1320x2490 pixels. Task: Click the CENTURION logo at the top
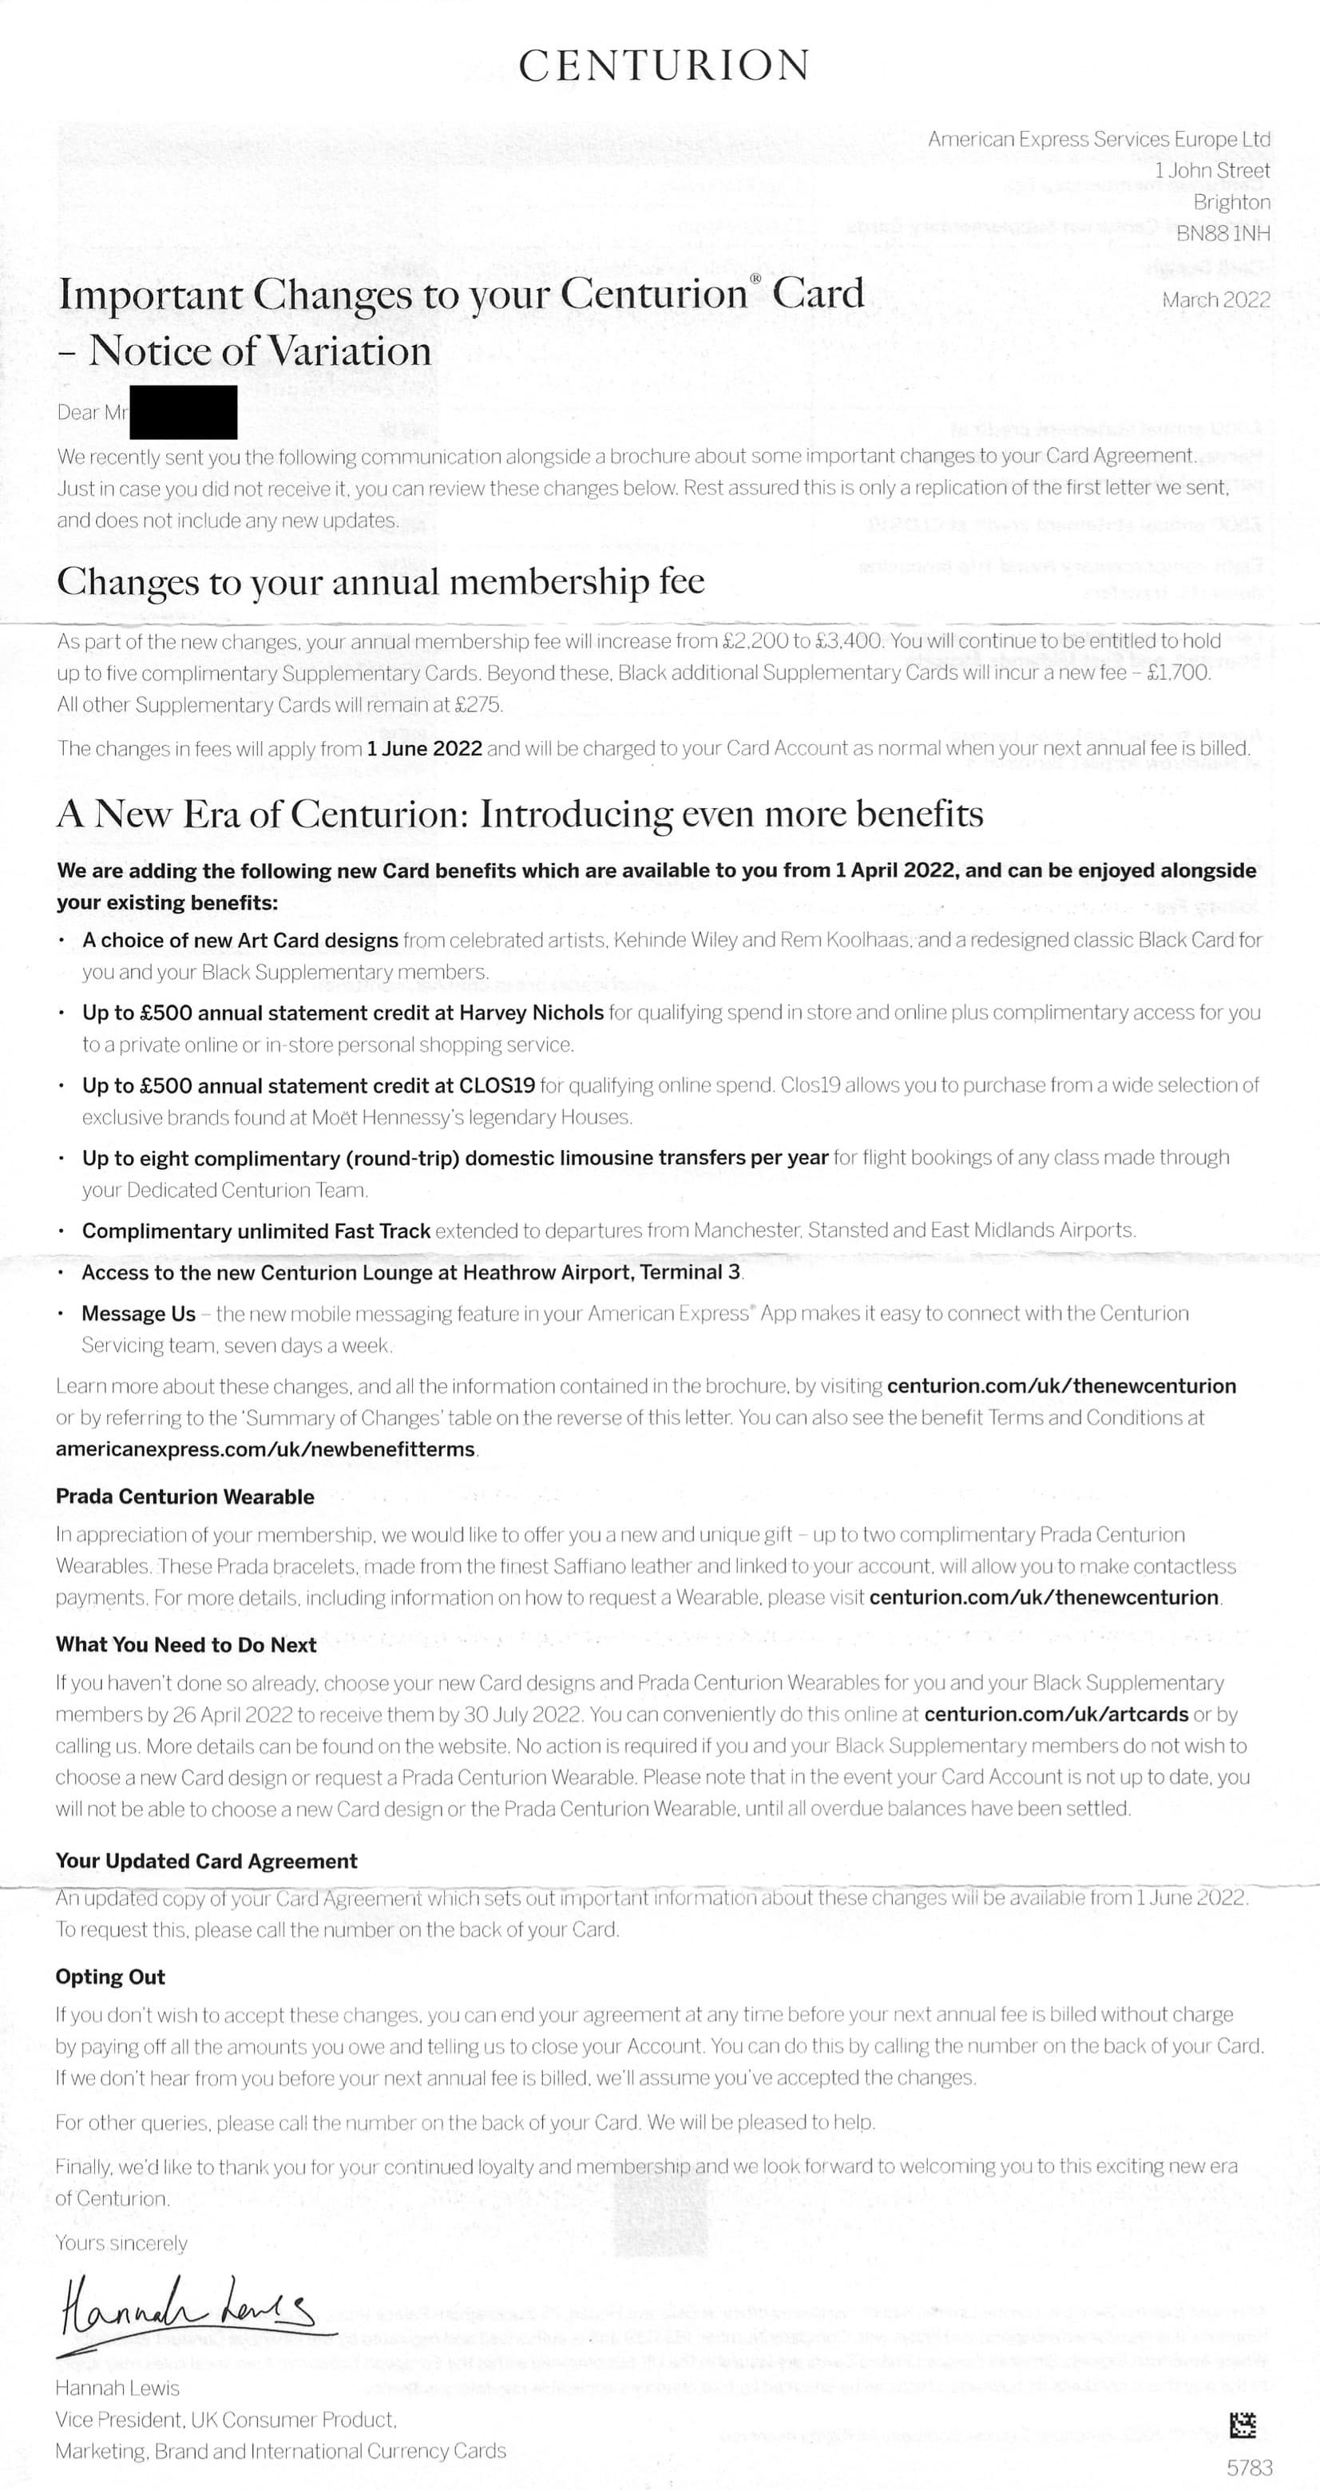(x=664, y=65)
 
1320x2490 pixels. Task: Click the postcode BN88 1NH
(x=1223, y=233)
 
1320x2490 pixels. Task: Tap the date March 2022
(x=1215, y=299)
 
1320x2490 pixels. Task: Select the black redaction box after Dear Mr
(x=183, y=412)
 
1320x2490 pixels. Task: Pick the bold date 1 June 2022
(x=424, y=748)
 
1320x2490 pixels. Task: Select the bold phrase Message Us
(x=138, y=1314)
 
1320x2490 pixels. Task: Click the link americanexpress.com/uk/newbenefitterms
(x=266, y=1449)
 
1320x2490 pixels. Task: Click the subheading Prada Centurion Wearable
(x=184, y=1497)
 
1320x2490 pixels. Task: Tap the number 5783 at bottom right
(x=1250, y=2467)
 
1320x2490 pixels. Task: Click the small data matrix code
(x=1242, y=2425)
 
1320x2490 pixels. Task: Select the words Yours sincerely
(x=121, y=2242)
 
